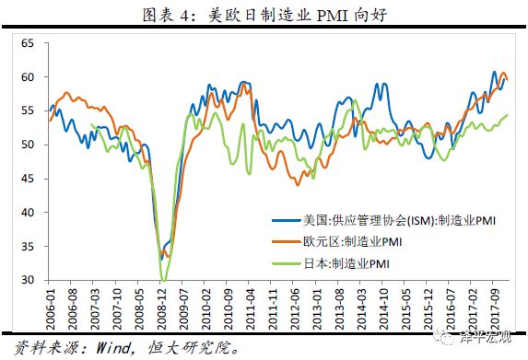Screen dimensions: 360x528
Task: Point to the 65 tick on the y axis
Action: click(x=27, y=43)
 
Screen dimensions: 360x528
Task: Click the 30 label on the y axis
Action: click(x=27, y=280)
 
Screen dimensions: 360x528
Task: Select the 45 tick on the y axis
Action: click(x=27, y=179)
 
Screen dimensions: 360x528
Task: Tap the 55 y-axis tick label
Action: click(x=27, y=110)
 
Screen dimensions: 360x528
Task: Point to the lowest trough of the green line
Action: click(x=164, y=279)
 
